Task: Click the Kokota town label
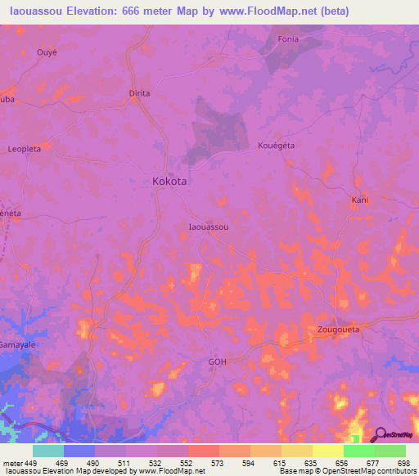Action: click(169, 182)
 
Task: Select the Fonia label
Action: click(288, 39)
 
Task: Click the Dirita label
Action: click(140, 93)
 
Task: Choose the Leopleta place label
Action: click(25, 150)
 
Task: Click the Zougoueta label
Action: click(338, 330)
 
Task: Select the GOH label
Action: click(217, 361)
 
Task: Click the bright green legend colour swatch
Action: click(358, 451)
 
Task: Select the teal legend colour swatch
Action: click(48, 451)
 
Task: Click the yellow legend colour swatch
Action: click(327, 451)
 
